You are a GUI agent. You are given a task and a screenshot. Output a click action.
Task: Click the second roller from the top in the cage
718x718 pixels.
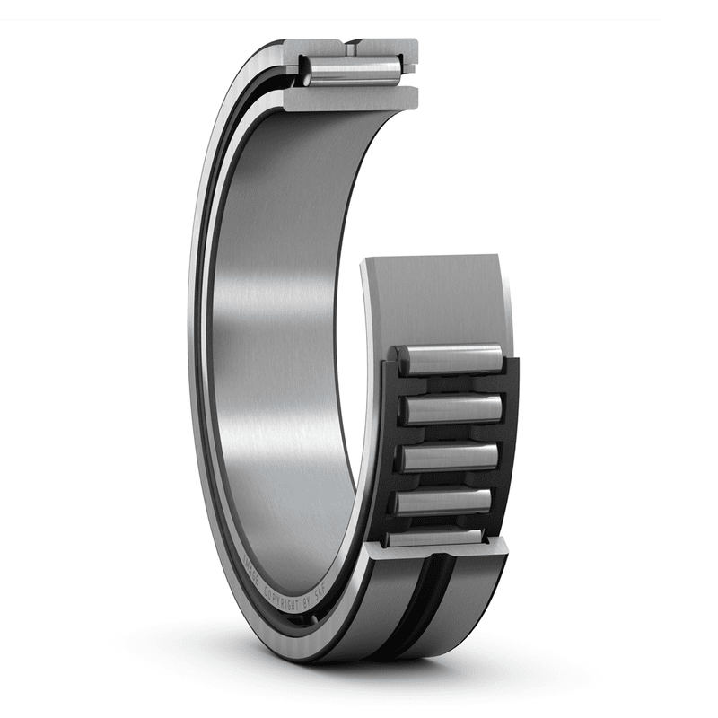tap(450, 409)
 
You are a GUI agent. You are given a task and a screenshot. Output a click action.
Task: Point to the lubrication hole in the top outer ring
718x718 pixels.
tap(355, 44)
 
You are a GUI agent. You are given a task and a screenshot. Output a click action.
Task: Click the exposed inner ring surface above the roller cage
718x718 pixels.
tap(431, 296)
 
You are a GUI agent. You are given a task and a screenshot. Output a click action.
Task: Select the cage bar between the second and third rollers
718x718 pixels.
tap(449, 433)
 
